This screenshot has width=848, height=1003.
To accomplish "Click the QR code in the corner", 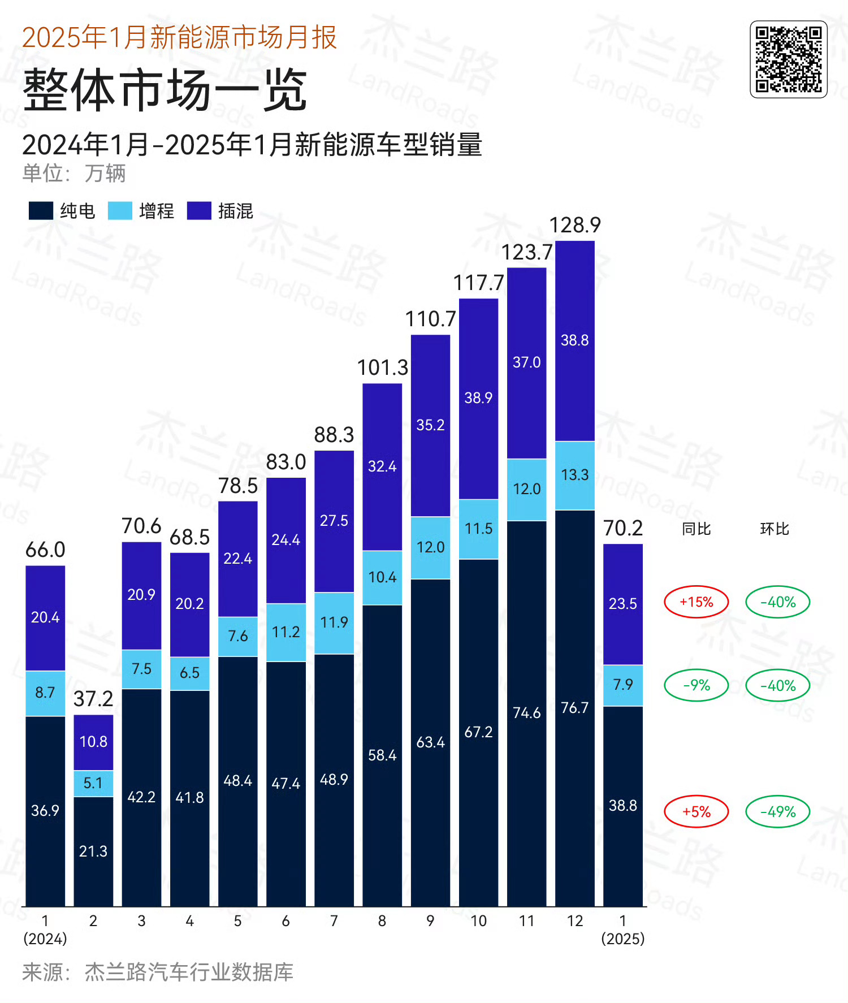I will [x=789, y=59].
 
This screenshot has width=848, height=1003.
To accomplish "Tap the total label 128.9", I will [x=575, y=225].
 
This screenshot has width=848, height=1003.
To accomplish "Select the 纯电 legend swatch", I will [x=41, y=211].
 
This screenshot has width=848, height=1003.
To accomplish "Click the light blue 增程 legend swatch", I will [x=120, y=211].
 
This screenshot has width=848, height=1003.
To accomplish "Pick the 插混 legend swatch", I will [x=199, y=211].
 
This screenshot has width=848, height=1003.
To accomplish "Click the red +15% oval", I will [x=696, y=602].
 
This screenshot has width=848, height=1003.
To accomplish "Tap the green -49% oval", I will [x=778, y=812].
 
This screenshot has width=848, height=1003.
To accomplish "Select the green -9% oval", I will [x=696, y=685].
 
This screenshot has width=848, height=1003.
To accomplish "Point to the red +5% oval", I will [x=696, y=812].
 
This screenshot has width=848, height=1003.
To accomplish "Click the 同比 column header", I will [x=696, y=529].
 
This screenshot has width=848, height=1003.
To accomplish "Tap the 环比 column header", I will [x=775, y=529].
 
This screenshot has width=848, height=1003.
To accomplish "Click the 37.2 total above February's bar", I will [x=93, y=699].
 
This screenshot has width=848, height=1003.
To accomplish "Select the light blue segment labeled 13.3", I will [x=575, y=475].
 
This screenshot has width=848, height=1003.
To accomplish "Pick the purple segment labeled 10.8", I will [x=93, y=742].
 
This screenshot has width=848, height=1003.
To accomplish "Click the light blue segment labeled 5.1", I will [x=93, y=784].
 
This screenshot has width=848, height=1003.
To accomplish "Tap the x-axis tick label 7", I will [x=334, y=921].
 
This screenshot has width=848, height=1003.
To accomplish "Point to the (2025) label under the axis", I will [x=623, y=939].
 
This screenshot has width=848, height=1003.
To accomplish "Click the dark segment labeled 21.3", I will [x=93, y=851].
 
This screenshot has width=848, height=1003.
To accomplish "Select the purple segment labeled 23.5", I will [x=623, y=604].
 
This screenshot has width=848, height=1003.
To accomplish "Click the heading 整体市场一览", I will [x=165, y=90].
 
